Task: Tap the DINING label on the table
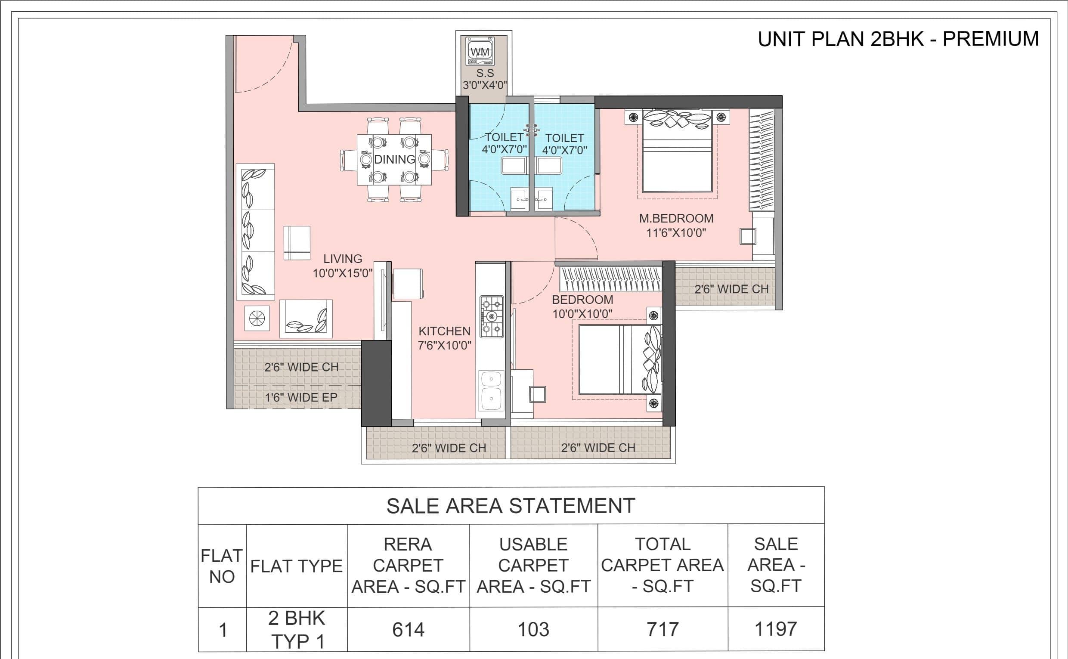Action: point(395,160)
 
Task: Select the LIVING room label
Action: point(343,259)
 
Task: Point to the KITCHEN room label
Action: point(444,331)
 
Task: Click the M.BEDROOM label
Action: point(676,218)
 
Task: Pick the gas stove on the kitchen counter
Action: point(492,316)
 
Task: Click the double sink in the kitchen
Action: point(491,390)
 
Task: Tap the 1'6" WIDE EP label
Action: point(301,397)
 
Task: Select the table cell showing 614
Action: point(408,629)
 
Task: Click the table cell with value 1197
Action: point(776,629)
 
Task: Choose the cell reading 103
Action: point(533,629)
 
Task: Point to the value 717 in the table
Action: point(663,629)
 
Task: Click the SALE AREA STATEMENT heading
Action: point(511,506)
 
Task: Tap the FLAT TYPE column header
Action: point(296,566)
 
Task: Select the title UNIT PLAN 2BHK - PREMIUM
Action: point(898,39)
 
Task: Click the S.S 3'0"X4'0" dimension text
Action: point(485,79)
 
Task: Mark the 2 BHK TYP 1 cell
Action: point(297,630)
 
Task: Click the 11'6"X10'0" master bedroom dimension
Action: point(676,233)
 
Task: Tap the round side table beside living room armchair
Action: point(256,318)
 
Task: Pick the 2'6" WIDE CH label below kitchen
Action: point(449,448)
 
